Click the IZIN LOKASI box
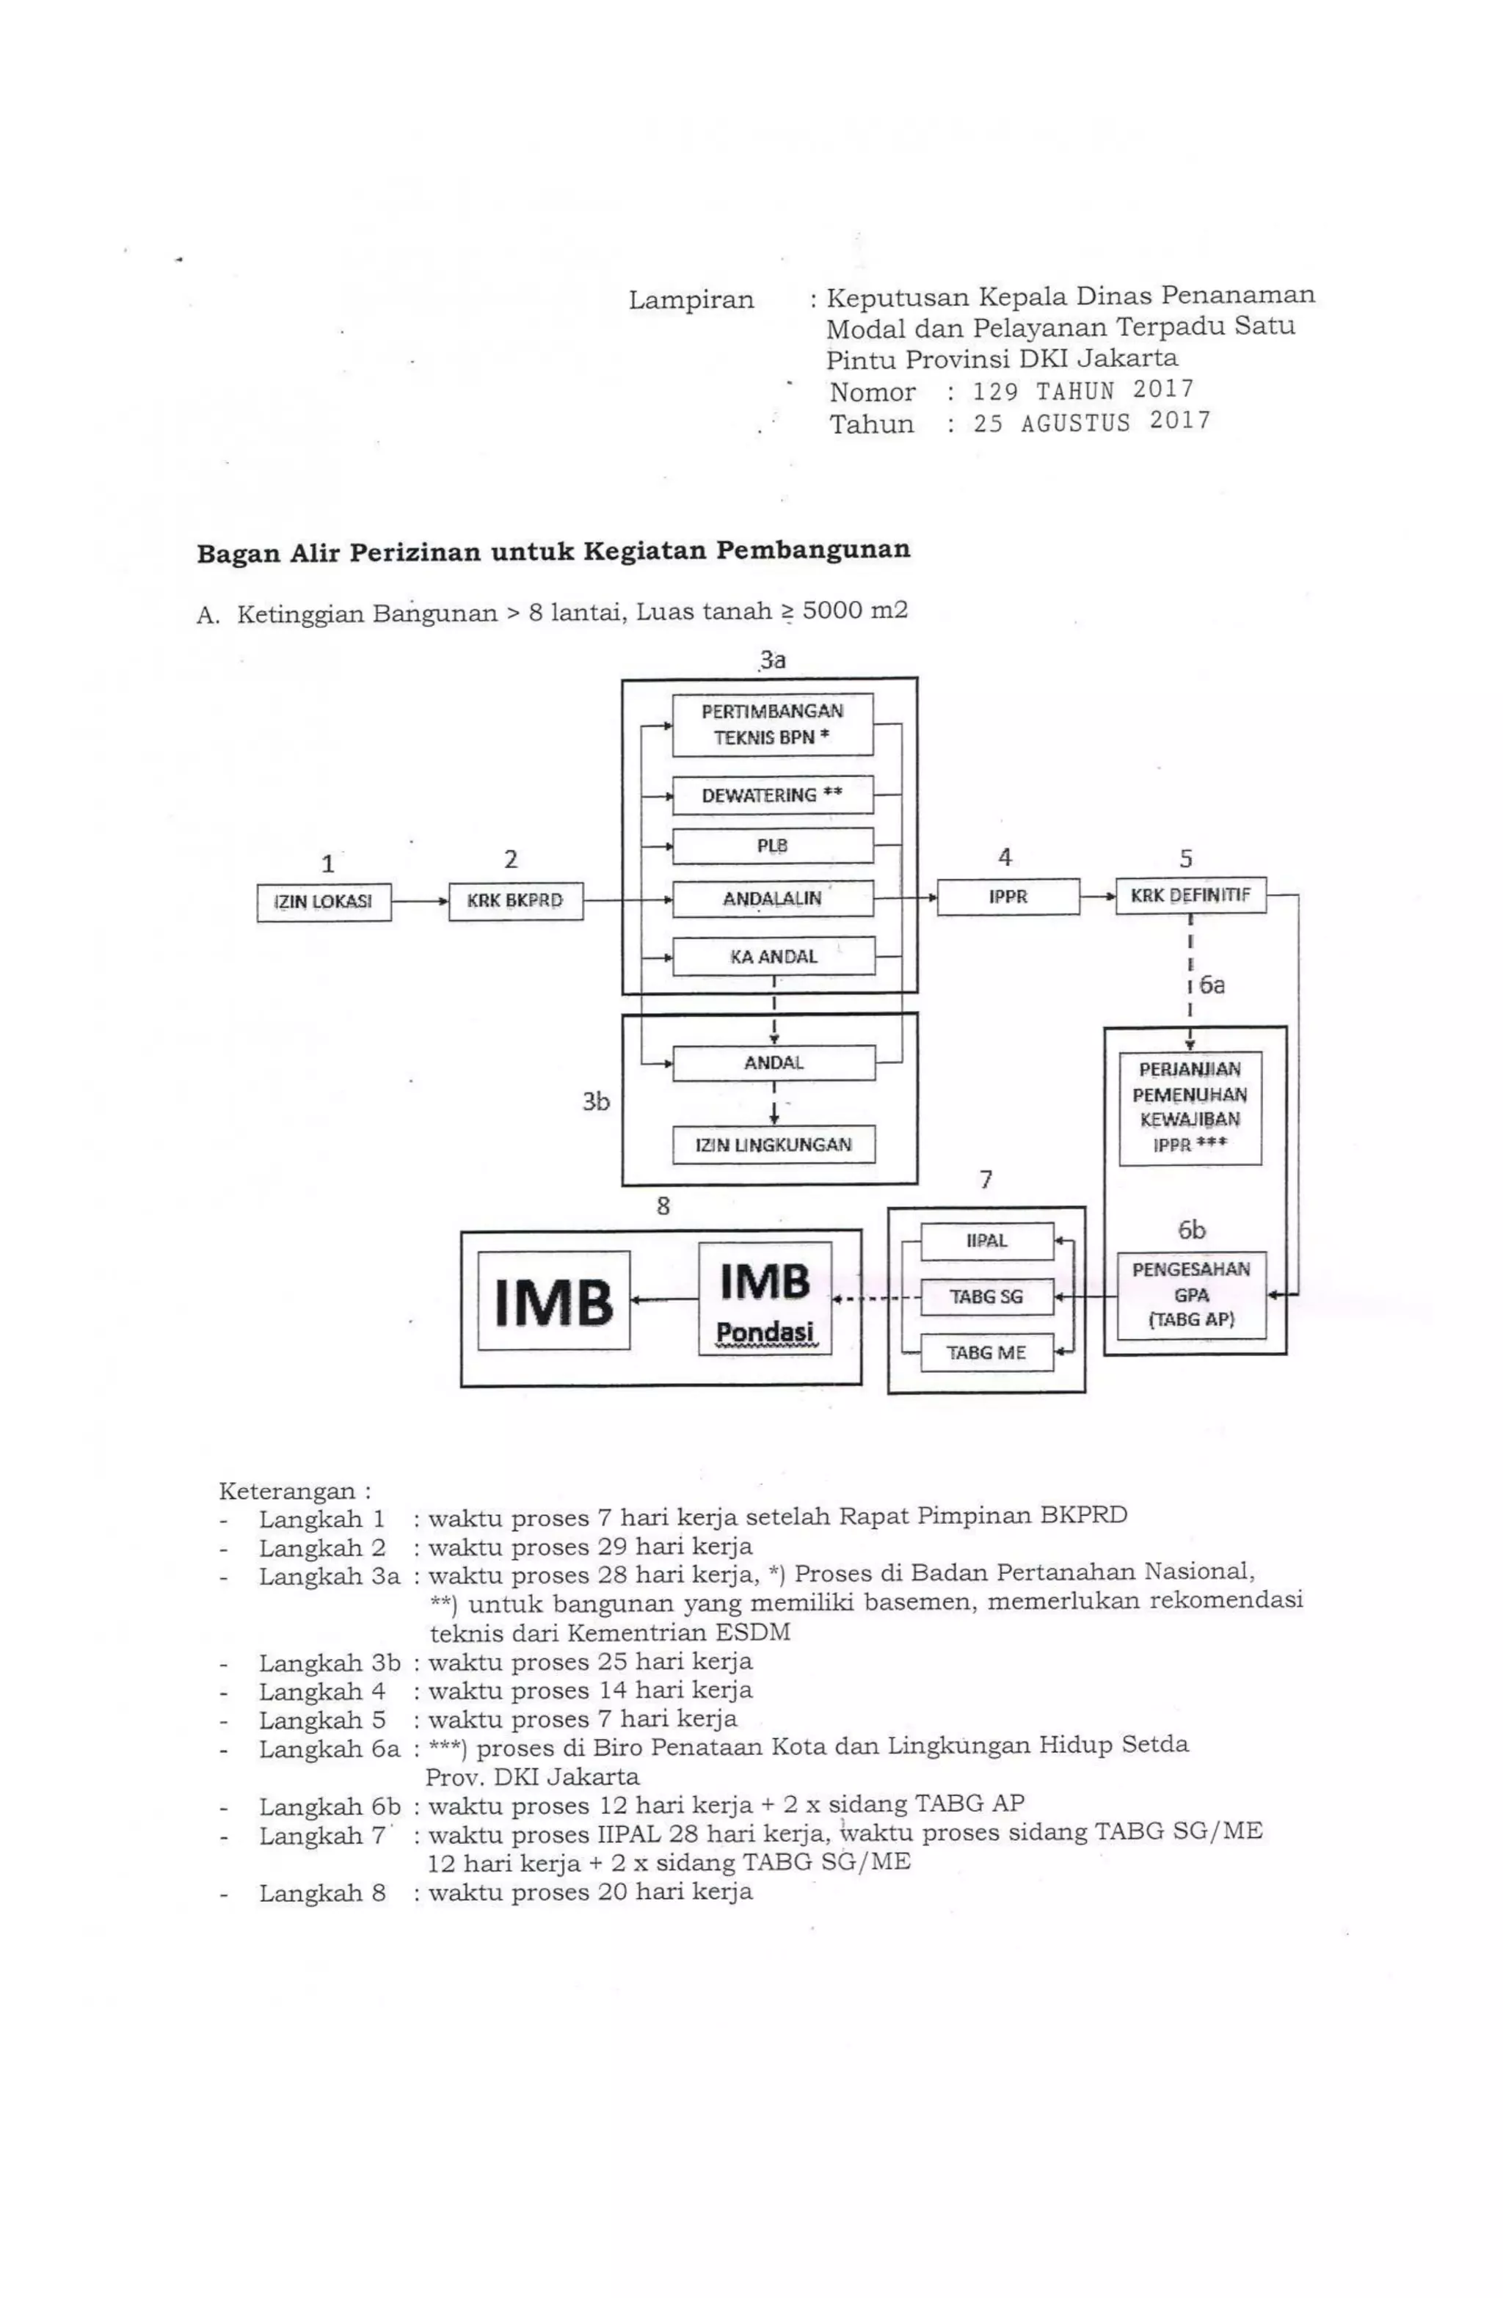(324, 902)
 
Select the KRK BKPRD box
(515, 901)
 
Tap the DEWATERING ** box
(772, 795)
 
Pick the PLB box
(772, 846)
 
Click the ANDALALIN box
(772, 899)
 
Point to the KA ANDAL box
(773, 956)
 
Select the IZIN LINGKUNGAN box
(773, 1145)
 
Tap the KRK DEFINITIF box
(1190, 895)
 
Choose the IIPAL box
(986, 1241)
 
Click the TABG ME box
(986, 1353)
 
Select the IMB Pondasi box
(764, 1298)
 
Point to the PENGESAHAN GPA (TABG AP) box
(1190, 1295)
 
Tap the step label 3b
(595, 1102)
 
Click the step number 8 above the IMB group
(663, 1206)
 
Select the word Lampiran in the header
(691, 300)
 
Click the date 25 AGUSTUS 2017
(1091, 423)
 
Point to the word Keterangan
(287, 1491)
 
